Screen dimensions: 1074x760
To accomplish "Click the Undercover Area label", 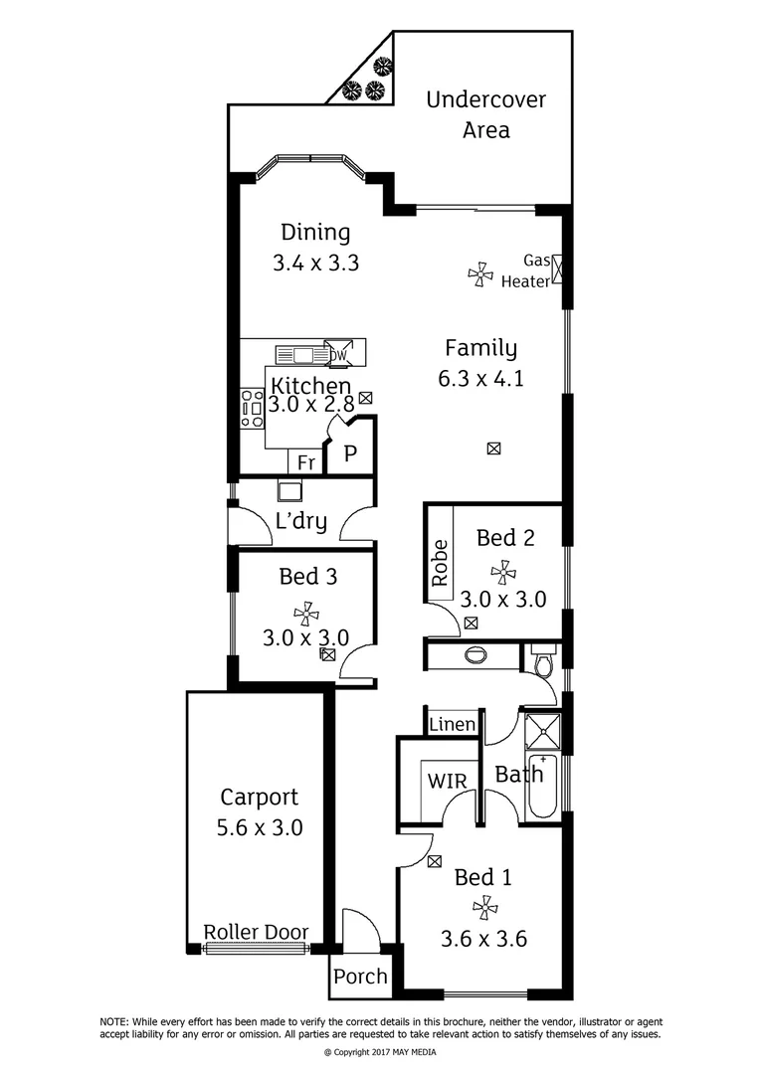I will tap(485, 114).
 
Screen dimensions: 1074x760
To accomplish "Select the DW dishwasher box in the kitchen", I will tap(338, 354).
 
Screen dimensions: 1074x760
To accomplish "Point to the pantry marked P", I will tap(350, 454).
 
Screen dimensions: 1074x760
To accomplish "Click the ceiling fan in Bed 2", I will tap(503, 572).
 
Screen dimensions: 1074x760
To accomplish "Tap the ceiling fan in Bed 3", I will tap(306, 615).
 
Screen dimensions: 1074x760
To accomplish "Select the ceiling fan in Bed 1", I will tap(484, 907).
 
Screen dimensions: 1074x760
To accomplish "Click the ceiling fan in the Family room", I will tap(480, 275).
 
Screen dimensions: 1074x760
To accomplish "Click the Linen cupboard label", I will tap(453, 724).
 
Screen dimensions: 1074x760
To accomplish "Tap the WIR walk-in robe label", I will tap(448, 781).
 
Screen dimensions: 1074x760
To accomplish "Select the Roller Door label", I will tap(256, 933).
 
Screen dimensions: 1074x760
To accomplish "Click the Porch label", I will tap(360, 977).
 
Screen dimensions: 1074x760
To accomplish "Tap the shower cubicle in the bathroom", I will tap(542, 732).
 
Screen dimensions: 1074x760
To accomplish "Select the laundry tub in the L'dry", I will tap(289, 490).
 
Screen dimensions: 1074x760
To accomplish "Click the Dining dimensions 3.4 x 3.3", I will tap(315, 264).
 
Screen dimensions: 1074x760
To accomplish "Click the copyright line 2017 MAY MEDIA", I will tap(380, 1052).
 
